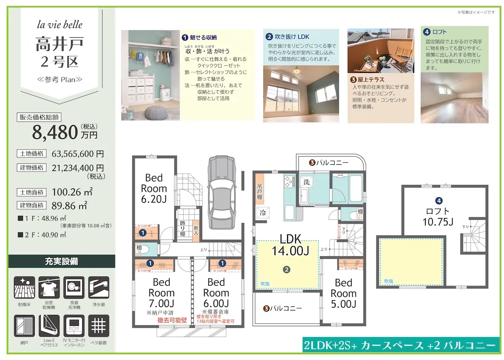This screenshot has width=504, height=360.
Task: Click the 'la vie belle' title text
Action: coord(59,25)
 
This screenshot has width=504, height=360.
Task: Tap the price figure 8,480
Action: coord(55,132)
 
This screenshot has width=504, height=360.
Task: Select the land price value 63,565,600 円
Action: coord(78,153)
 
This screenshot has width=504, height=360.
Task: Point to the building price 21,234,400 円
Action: coord(78,167)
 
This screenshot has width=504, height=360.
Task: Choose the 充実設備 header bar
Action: coord(62,261)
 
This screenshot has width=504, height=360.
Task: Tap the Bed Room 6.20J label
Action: coord(154,189)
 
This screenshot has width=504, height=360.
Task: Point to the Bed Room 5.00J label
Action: coord(343,293)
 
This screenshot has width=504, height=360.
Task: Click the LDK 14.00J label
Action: coord(290,245)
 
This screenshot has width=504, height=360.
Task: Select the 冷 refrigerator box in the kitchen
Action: coord(262,213)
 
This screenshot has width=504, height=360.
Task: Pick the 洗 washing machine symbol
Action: coord(306,182)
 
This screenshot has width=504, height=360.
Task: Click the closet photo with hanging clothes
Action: coord(150,75)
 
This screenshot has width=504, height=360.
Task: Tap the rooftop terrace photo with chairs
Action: coord(381,51)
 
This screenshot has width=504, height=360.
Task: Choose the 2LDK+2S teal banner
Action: coord(399,346)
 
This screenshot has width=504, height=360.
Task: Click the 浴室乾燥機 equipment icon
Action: coord(49,288)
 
